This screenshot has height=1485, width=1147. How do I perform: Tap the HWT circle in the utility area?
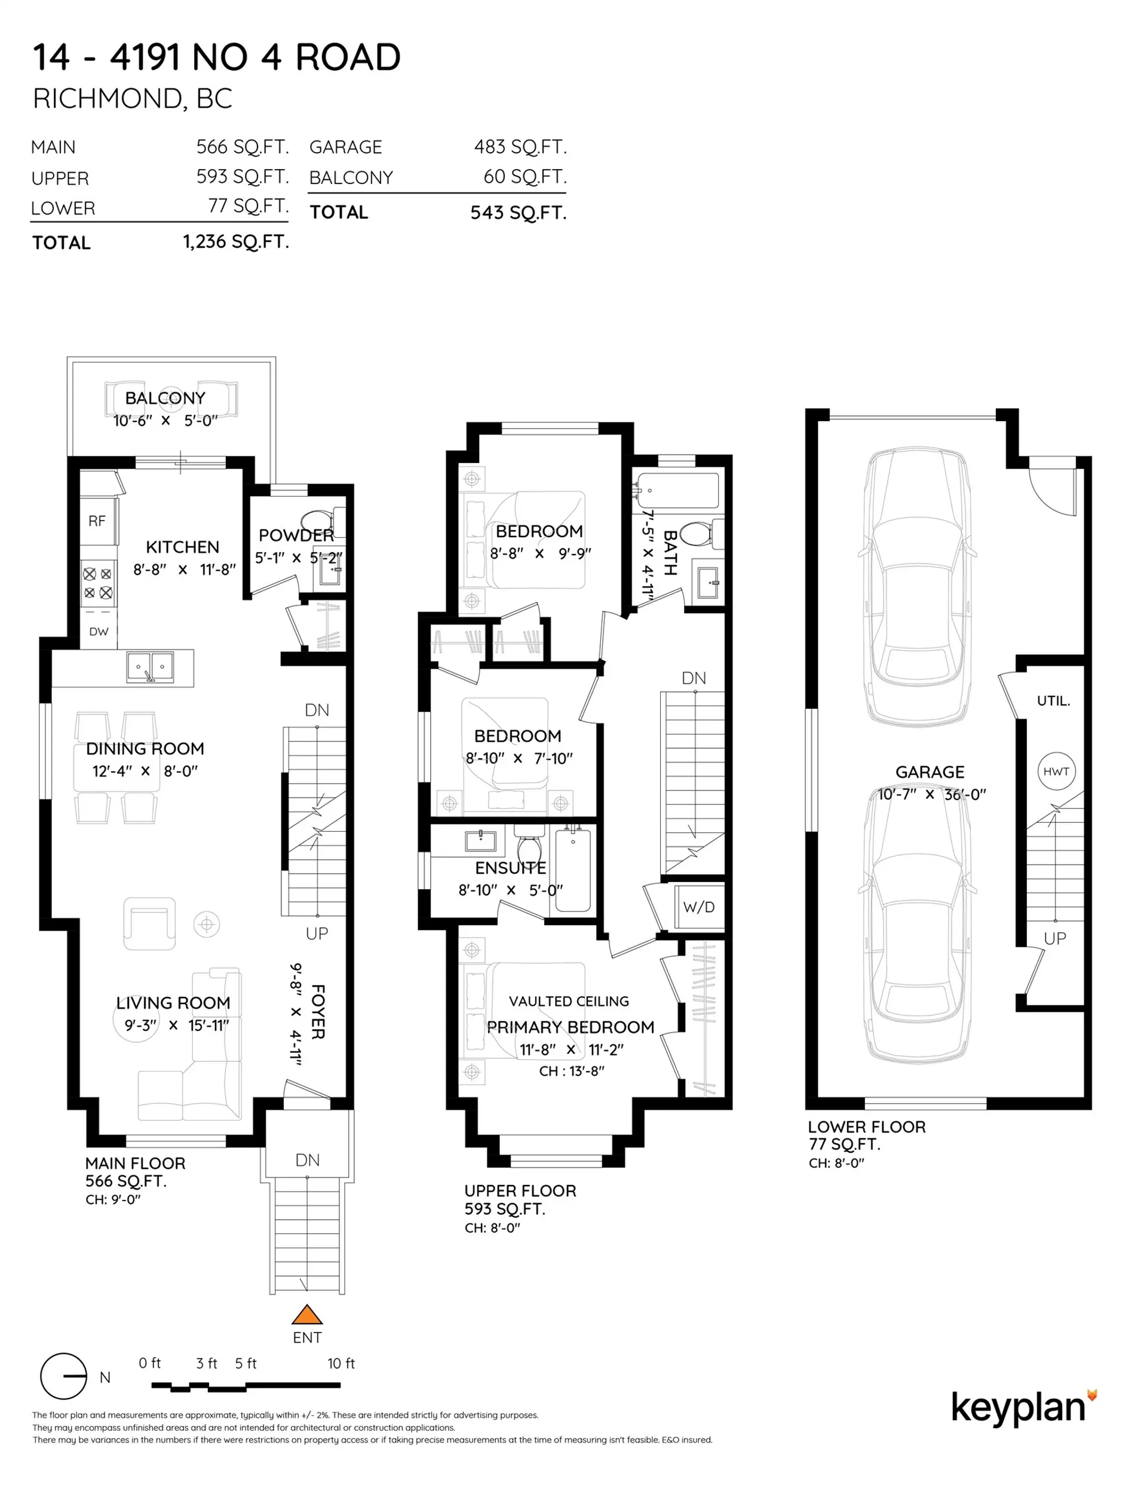point(1056,771)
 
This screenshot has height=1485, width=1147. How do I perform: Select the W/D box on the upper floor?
point(698,907)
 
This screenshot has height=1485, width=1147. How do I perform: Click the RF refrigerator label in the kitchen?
point(97,521)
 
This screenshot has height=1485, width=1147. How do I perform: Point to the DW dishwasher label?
point(99,631)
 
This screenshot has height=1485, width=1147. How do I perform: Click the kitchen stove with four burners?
point(98,583)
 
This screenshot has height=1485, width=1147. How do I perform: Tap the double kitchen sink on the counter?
point(149,666)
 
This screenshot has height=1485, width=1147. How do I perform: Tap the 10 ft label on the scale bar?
point(341,1362)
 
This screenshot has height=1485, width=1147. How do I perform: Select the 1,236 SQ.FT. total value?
point(236,241)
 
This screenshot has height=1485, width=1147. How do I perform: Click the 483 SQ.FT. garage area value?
point(520,147)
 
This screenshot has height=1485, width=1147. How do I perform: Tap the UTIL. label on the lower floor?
point(1053,700)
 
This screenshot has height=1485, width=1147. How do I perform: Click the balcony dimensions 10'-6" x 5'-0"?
point(165,421)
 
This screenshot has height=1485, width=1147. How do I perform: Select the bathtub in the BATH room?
point(678,490)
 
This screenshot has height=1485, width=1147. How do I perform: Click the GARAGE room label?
point(930,771)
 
